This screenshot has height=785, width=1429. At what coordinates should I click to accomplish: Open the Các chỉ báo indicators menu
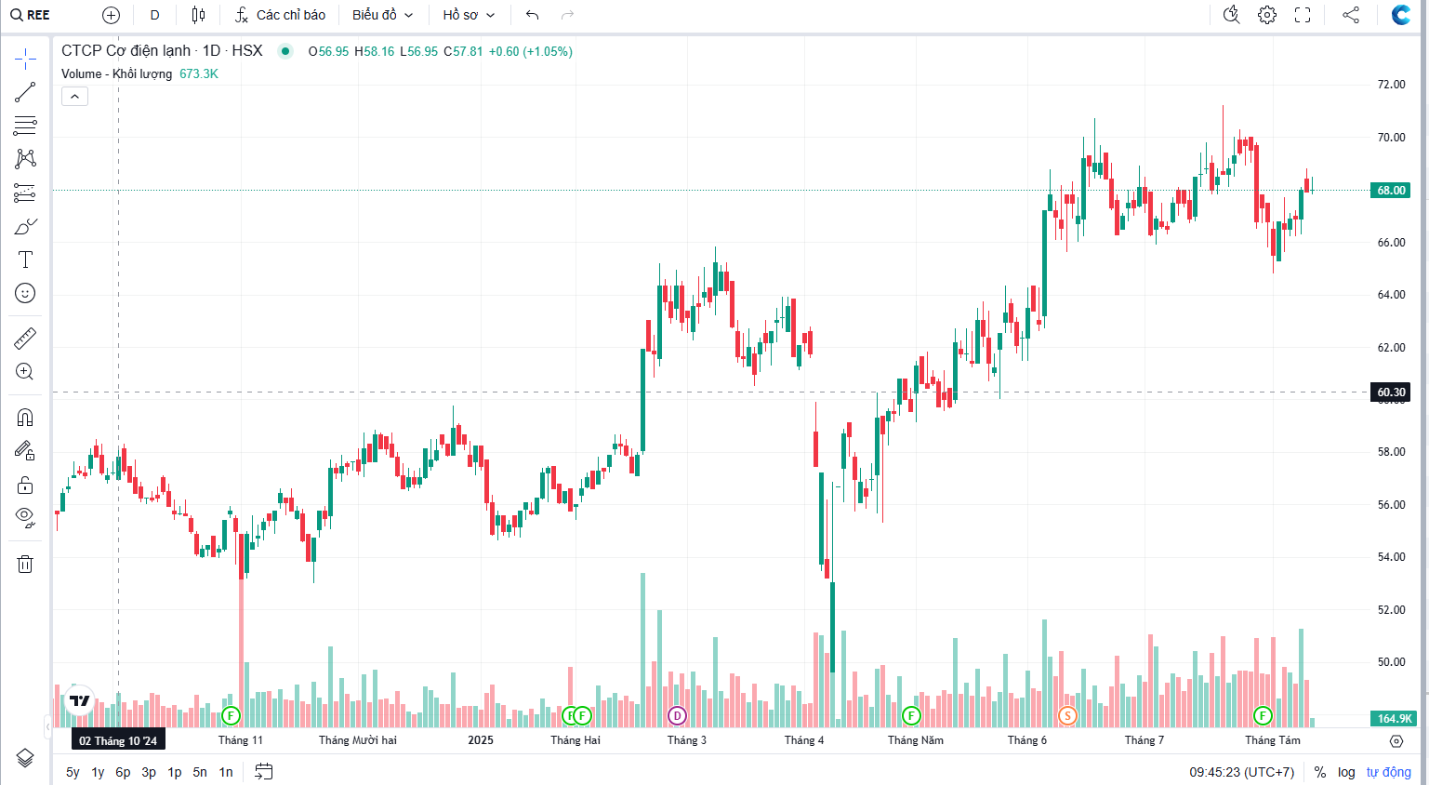point(280,15)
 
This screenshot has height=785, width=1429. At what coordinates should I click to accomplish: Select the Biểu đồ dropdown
point(382,15)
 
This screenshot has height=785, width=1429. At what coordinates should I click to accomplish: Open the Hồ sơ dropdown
point(469,15)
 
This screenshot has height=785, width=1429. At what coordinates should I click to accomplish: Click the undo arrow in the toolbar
point(532,15)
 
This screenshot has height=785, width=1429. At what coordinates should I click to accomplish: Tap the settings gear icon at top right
point(1267,15)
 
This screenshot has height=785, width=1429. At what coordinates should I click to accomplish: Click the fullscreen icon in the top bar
point(1303,15)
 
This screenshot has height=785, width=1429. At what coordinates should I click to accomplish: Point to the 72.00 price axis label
point(1391,85)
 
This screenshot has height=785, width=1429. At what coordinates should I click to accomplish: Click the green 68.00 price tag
point(1391,191)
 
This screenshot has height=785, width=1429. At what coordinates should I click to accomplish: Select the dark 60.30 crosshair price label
point(1391,392)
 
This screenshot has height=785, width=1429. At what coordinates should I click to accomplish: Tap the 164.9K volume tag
point(1394,718)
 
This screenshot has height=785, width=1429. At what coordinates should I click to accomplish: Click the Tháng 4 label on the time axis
point(803,740)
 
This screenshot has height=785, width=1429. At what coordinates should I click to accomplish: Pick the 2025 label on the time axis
point(481,740)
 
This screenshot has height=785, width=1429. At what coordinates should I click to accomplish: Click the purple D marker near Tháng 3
point(678,715)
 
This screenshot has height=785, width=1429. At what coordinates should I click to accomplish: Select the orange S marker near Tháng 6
point(1067,715)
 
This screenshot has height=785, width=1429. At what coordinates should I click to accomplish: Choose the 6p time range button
point(123,772)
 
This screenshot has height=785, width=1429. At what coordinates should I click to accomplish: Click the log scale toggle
point(1346,772)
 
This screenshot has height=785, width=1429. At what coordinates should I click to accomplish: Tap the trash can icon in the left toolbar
point(25,564)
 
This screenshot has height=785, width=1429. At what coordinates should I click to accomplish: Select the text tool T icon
point(25,259)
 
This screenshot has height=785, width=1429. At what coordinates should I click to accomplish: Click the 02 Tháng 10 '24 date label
point(118,740)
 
